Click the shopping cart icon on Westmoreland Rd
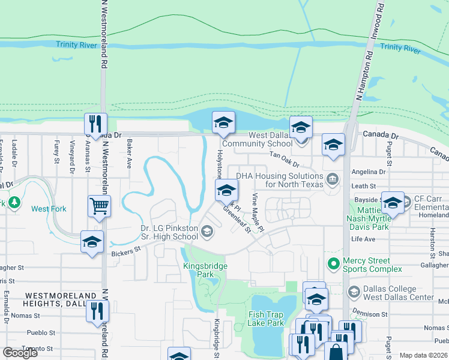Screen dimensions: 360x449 point(98,206)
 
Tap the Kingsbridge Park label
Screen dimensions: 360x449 point(197,269)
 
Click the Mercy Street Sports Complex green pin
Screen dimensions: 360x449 point(332,263)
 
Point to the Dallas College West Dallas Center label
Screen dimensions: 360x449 point(399,293)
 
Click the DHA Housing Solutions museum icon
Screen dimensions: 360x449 point(331,179)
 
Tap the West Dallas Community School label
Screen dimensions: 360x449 point(257,139)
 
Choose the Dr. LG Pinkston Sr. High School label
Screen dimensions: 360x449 point(170,232)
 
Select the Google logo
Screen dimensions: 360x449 point(20,353)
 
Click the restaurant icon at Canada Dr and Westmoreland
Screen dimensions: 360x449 point(95,124)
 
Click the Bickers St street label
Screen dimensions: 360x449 point(125,251)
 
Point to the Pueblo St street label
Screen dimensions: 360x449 point(41,332)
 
